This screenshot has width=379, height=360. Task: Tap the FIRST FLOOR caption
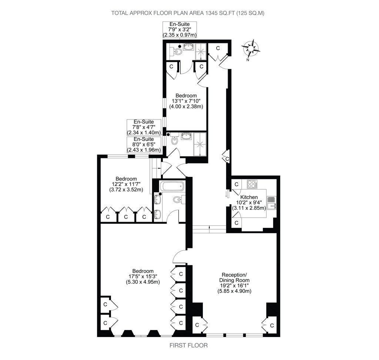coord(188,346)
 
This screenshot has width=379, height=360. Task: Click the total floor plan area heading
coord(188,13)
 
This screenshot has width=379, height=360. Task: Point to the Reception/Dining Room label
coord(234,283)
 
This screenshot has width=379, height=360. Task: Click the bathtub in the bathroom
coord(172,186)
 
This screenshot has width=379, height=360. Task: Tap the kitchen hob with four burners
coord(252,184)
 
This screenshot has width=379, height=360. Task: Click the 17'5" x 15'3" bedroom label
coord(143,276)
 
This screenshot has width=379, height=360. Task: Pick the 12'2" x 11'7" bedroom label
coord(126,184)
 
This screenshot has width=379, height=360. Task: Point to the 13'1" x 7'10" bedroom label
coord(186,101)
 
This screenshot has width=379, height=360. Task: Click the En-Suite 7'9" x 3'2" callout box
coord(180,30)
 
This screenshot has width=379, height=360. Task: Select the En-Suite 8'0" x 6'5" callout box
coord(144,145)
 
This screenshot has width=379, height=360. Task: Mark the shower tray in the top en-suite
coord(201,51)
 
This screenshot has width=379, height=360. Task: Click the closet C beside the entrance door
coord(218,48)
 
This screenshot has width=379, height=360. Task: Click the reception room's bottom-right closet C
coord(271,326)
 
